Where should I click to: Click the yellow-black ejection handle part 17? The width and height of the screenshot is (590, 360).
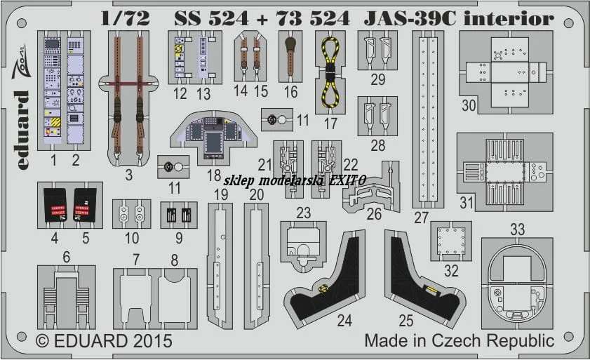pos(330,72)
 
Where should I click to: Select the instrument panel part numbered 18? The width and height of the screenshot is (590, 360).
pos(213,136)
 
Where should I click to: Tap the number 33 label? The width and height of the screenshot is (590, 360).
pos(517,229)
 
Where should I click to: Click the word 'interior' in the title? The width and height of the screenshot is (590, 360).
pos(509,18)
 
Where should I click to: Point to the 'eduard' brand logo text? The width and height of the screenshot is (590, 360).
pos(22,130)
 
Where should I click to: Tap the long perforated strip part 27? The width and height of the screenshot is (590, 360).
pos(428,119)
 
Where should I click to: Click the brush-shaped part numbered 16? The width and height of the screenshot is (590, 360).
pos(290,55)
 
